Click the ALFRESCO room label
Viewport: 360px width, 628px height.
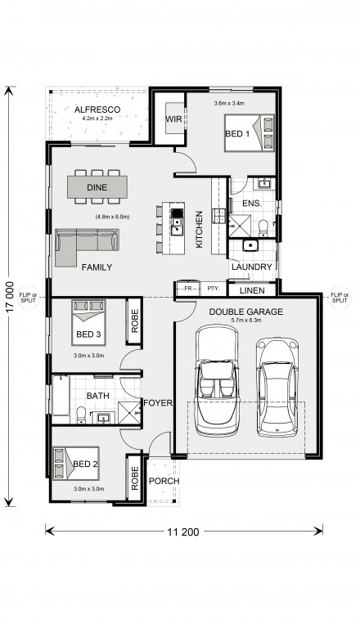click(97, 110)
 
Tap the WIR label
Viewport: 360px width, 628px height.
click(173, 119)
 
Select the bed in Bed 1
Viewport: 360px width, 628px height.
click(249, 133)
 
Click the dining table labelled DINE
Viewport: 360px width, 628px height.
click(97, 187)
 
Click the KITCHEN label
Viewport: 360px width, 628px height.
click(200, 230)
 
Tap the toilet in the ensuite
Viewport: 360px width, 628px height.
click(263, 228)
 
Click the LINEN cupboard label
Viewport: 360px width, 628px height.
click(252, 291)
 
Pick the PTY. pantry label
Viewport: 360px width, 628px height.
click(213, 289)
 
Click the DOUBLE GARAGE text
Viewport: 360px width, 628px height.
click(245, 312)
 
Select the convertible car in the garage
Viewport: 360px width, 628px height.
click(217, 380)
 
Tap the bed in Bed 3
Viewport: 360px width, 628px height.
click(88, 322)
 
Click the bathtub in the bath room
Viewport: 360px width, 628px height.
click(61, 395)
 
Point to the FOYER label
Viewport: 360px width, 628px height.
click(158, 403)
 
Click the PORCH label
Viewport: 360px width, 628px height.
click(164, 481)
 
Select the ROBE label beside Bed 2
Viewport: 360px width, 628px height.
click(135, 478)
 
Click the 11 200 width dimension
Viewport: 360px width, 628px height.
click(182, 532)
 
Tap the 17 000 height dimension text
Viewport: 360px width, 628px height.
click(10, 296)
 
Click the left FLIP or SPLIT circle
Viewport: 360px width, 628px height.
click(29, 297)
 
